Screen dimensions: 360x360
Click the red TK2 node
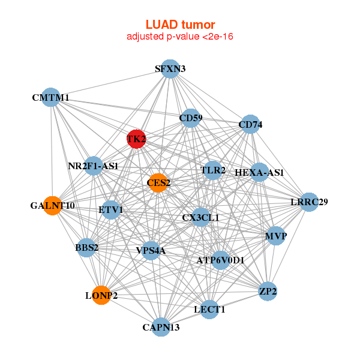[136, 139]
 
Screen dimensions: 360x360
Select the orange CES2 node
[157, 183]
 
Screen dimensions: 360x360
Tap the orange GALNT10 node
[52, 206]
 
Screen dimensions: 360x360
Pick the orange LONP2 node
[101, 295]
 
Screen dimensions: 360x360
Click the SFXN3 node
[170, 69]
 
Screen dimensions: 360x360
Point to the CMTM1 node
[50, 97]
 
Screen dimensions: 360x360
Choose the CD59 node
[191, 118]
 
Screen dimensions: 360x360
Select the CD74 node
[250, 125]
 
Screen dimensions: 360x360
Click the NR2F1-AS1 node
[93, 165]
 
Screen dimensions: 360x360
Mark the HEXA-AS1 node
[259, 173]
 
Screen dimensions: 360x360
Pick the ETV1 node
[111, 210]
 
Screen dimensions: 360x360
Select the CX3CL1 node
[200, 217]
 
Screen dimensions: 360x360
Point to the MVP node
[276, 236]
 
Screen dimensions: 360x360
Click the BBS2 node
[87, 247]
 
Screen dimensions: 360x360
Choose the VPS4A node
[151, 250]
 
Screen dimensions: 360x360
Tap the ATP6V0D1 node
[220, 260]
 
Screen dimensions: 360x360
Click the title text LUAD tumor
[180, 25]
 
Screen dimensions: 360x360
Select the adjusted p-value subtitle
[180, 37]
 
